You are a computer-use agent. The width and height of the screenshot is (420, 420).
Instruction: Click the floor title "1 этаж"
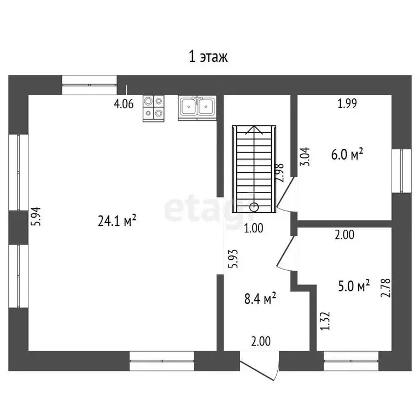(208, 57)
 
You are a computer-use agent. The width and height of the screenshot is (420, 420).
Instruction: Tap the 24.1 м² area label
(117, 220)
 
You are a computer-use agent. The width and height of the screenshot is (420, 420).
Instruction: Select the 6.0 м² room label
(347, 154)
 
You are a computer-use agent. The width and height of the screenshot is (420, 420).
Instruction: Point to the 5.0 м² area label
(354, 285)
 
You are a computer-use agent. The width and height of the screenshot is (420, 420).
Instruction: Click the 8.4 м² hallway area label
(260, 299)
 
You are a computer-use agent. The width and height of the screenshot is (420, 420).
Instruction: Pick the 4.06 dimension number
(124, 104)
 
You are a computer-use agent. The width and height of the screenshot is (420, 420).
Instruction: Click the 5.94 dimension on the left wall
(36, 217)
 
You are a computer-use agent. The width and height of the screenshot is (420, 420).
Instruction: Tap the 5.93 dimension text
(233, 259)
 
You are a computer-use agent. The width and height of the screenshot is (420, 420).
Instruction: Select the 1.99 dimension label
(347, 103)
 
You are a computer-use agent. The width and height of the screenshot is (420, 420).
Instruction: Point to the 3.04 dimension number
(305, 157)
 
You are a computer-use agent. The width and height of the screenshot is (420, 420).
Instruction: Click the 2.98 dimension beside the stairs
(279, 173)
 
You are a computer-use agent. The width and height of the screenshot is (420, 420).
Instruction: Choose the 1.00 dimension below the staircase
(254, 228)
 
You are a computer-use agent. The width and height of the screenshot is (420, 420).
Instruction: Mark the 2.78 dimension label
(386, 288)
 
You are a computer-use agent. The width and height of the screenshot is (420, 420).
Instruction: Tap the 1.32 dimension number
(325, 321)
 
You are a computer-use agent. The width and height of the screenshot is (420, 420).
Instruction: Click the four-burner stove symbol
(154, 108)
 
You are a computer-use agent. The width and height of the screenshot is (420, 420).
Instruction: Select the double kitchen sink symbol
(197, 108)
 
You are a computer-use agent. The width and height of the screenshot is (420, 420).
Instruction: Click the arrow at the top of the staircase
(254, 130)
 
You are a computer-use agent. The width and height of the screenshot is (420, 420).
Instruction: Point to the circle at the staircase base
(254, 207)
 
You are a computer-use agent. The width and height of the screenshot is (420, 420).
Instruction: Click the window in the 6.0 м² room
(401, 171)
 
